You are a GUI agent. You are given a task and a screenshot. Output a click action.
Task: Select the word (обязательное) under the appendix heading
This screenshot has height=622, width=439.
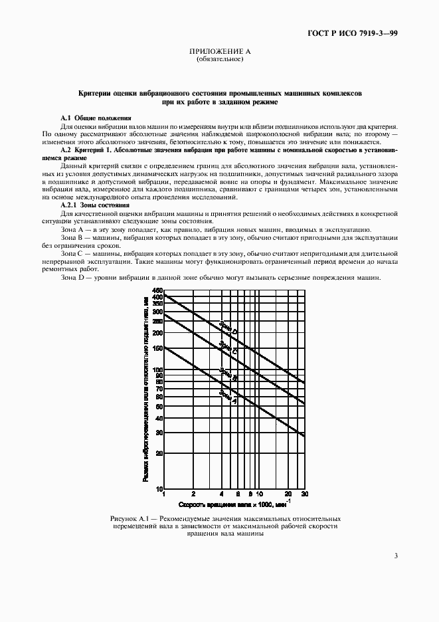pos(220,59)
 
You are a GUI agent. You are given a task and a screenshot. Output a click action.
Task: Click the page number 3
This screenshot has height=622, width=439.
pos(396,556)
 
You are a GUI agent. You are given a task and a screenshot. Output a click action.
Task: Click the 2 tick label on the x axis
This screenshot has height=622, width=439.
pos(193,495)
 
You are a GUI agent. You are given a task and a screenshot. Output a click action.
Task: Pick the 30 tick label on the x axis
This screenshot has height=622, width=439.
pos(304,495)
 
